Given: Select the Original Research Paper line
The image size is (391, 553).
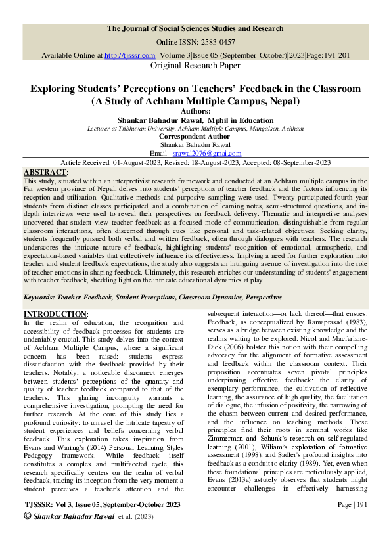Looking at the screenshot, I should pyautogui.click(x=196, y=66).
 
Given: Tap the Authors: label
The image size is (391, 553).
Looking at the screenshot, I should pyautogui.click(x=195, y=112).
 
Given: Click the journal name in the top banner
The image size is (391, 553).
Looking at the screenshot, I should pyautogui.click(x=195, y=28).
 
